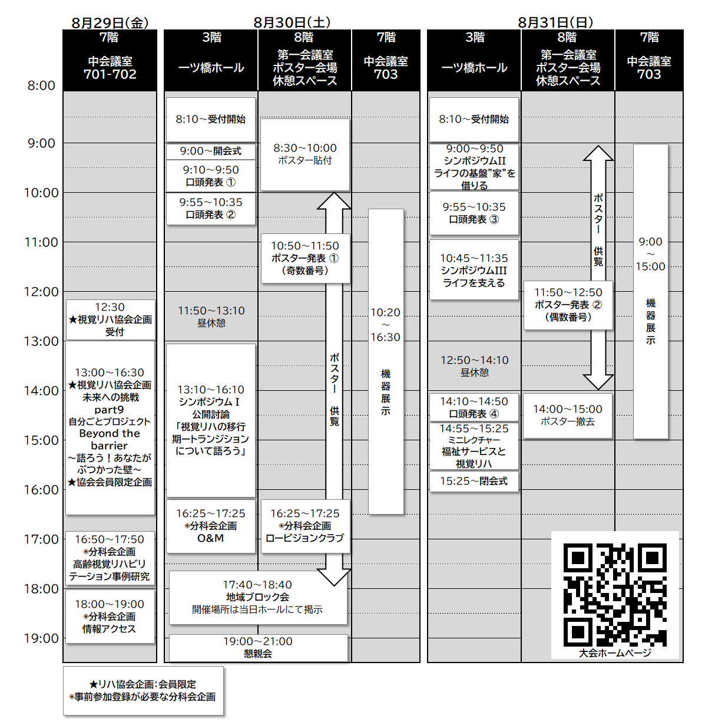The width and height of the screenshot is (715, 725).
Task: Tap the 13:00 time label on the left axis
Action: tap(41, 341)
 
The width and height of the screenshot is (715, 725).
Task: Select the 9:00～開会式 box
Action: tap(211, 151)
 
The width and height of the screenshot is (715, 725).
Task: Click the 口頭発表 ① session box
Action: tap(211, 176)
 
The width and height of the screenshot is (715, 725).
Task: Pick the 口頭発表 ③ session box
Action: tap(474, 213)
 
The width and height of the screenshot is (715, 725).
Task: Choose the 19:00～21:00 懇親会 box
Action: tap(258, 648)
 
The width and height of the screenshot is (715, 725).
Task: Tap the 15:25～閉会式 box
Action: tap(474, 481)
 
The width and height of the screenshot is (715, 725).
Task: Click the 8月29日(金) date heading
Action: tap(110, 23)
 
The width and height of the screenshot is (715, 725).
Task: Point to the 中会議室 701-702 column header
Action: tap(110, 60)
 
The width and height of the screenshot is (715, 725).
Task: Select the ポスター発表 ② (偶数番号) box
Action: tap(568, 305)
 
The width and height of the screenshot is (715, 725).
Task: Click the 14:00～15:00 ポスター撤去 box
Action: tap(568, 416)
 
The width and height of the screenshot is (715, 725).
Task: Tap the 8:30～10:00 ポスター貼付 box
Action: tap(305, 154)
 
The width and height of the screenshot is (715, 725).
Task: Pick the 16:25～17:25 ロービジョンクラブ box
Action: tap(305, 526)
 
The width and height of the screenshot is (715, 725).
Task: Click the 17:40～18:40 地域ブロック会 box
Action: tap(258, 598)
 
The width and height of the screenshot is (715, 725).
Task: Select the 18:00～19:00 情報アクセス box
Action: tap(110, 617)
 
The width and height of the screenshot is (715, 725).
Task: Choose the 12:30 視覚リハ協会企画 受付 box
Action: tap(110, 320)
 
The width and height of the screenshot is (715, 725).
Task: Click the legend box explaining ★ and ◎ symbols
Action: tap(143, 691)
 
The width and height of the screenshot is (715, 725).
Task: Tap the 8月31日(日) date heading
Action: tap(555, 23)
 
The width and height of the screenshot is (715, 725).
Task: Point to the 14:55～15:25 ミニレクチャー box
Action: tap(474, 446)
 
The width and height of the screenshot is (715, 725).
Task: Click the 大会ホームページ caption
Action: tap(615, 653)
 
